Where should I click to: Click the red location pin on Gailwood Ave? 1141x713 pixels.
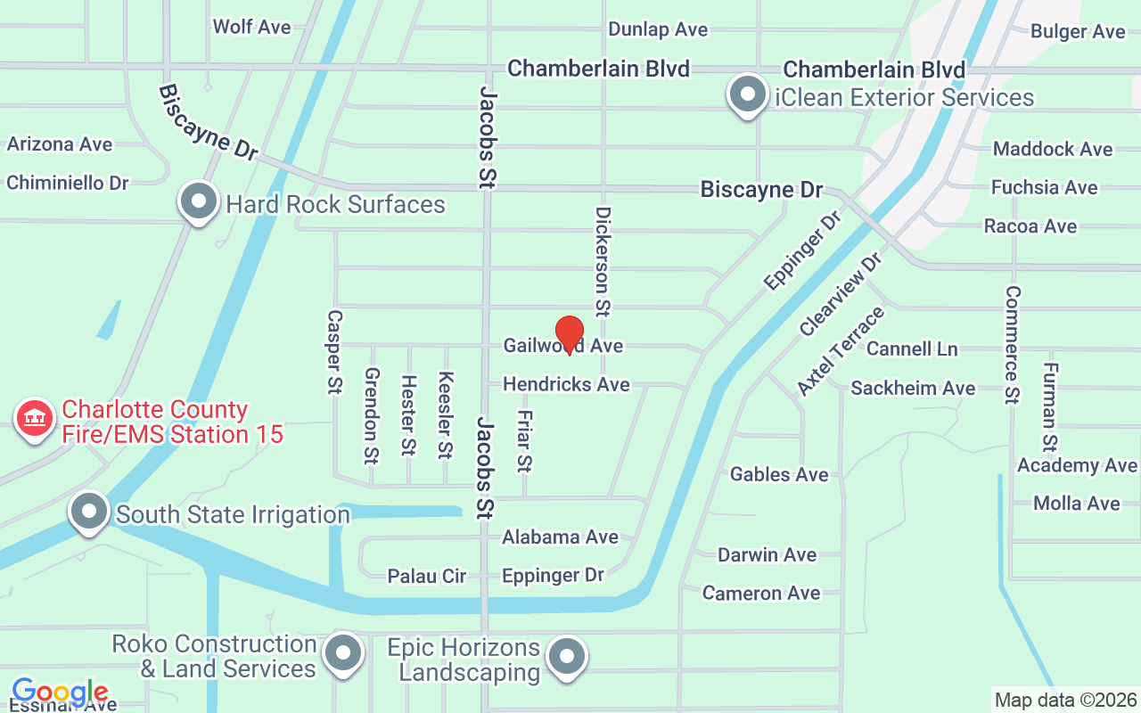point(570,334)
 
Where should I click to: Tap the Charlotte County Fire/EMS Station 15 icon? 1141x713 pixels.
point(35,417)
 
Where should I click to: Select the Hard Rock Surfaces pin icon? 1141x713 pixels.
point(199,201)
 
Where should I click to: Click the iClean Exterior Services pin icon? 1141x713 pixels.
point(748,94)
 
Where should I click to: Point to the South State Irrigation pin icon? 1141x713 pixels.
point(89,512)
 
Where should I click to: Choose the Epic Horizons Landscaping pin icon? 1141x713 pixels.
point(565,657)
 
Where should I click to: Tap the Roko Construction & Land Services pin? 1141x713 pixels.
point(342,653)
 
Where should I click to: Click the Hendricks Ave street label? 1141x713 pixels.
point(566,384)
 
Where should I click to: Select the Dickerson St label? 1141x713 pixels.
point(603,262)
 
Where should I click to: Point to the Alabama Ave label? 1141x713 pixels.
point(560,537)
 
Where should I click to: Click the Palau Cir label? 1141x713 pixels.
point(426,577)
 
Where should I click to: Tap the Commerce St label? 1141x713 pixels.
point(1012,344)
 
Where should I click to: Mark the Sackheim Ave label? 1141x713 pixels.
point(913,388)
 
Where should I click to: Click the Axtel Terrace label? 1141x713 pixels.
point(841,350)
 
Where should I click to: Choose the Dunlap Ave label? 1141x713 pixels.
point(658,29)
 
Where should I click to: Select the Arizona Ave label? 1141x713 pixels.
point(60,144)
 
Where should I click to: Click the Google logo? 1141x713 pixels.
point(60,692)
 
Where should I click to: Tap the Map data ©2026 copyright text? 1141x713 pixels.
point(1065,701)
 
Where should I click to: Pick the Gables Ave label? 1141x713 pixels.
point(779,474)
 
